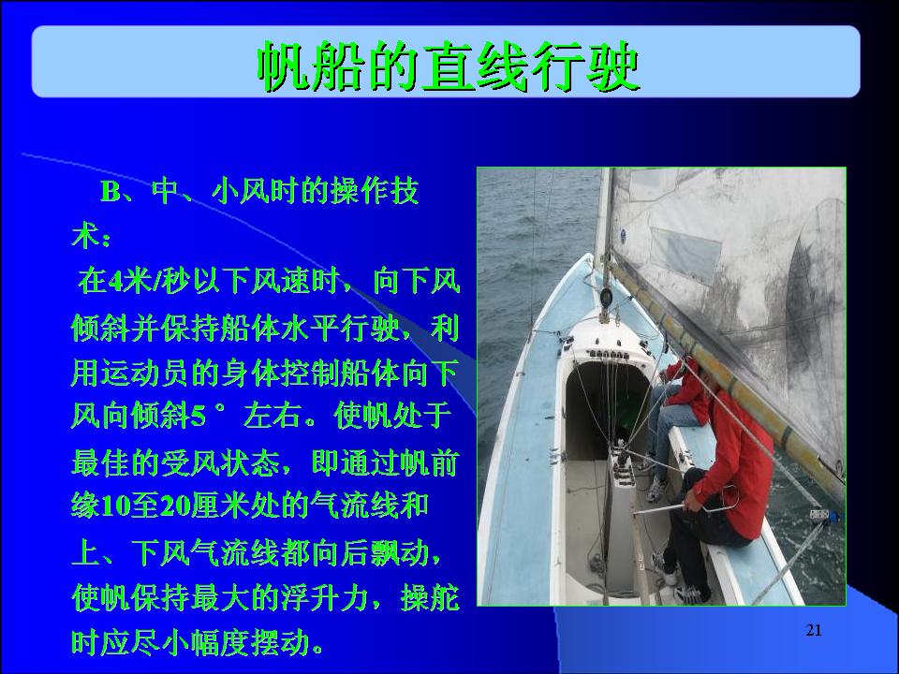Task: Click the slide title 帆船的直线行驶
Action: (x=449, y=66)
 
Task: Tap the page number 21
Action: (x=814, y=630)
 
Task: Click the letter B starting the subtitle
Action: (x=111, y=191)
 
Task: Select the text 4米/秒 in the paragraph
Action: (x=150, y=282)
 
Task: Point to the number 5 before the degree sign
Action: (x=198, y=417)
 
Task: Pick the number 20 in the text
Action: (x=175, y=506)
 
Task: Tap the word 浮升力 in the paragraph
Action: (x=324, y=598)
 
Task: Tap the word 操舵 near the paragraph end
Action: (x=430, y=598)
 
